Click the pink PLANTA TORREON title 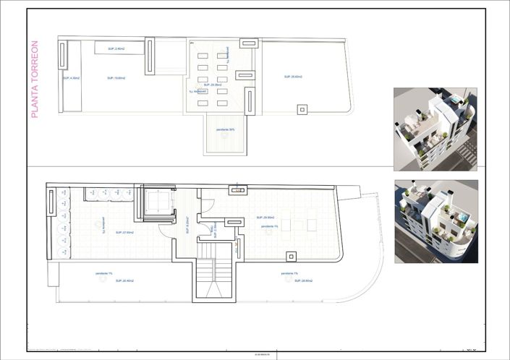click(34, 80)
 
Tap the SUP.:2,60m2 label click(116, 48)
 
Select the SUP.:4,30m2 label click(71, 77)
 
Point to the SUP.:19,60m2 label click(116, 77)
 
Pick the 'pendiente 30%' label click(225, 130)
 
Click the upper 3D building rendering click(435, 128)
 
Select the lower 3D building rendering click(435, 221)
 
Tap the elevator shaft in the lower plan click(159, 204)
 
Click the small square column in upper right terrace click(302, 109)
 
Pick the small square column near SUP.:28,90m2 click(291, 257)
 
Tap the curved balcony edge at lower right click(369, 275)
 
